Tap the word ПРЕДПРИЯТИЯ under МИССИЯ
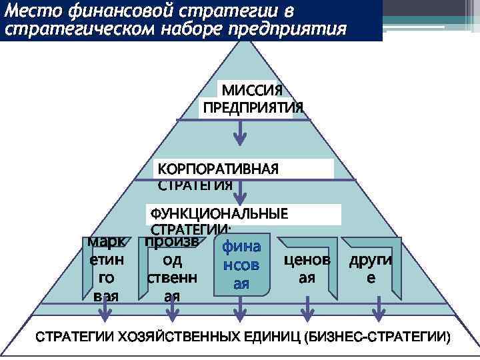click(253, 107)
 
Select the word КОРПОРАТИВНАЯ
click(217, 168)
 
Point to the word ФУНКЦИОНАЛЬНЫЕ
click(219, 214)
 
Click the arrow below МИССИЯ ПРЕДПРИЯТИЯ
click(240, 133)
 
